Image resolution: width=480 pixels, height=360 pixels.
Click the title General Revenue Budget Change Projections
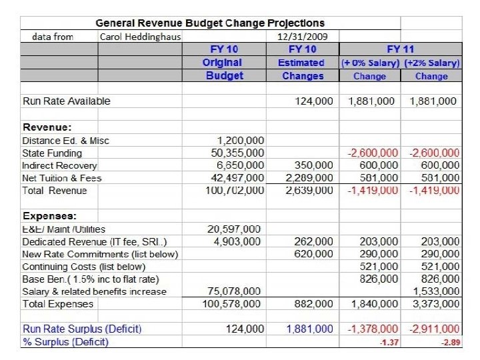pyautogui.click(x=210, y=24)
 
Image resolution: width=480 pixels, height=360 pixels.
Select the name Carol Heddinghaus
pyautogui.click(x=140, y=37)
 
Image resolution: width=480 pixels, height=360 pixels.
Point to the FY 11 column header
pyautogui.click(x=400, y=50)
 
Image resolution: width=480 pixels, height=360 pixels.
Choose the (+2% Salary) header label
pyautogui.click(x=431, y=63)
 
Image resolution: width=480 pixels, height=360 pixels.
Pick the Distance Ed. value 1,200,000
pyautogui.click(x=241, y=141)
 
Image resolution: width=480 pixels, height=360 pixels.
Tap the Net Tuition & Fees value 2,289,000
pyautogui.click(x=309, y=178)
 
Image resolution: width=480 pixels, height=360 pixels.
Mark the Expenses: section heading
pyautogui.click(x=49, y=216)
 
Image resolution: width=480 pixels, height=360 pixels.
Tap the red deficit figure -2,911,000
pyautogui.click(x=433, y=329)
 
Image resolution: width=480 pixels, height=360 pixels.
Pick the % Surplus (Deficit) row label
pyautogui.click(x=65, y=342)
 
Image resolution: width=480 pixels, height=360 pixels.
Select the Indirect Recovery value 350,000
pyautogui.click(x=314, y=165)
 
